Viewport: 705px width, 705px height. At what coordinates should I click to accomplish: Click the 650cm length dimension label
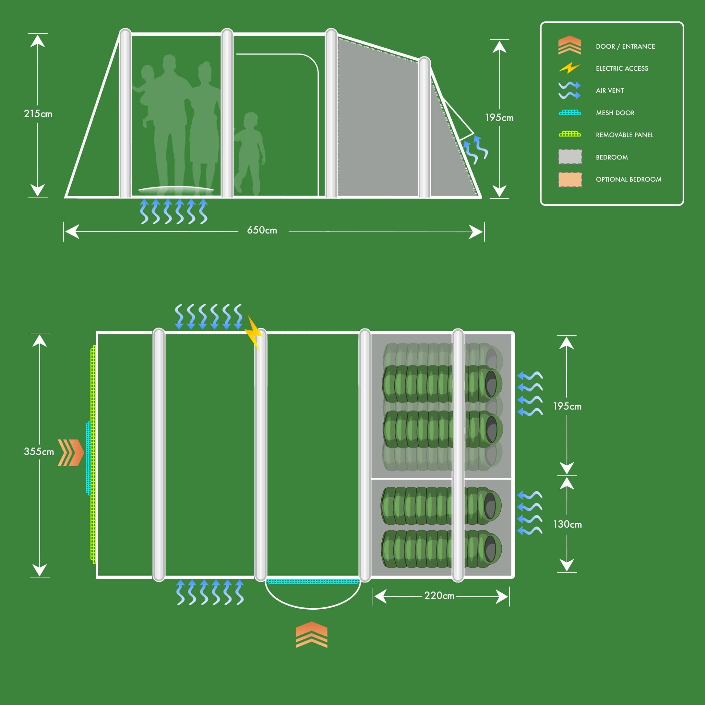(x=262, y=230)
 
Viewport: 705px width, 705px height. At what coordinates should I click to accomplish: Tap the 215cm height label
(x=38, y=114)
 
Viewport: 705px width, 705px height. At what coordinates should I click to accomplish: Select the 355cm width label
(x=39, y=451)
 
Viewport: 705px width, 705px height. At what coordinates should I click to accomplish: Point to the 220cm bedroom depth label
(x=439, y=595)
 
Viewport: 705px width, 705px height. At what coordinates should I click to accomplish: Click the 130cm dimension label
(x=567, y=524)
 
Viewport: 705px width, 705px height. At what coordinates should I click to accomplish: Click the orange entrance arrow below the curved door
(x=311, y=635)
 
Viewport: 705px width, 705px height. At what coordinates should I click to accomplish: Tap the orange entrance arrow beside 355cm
(x=71, y=452)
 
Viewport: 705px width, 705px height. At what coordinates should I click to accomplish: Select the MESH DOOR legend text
(x=615, y=113)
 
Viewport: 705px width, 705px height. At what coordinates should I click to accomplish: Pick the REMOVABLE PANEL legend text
(x=624, y=135)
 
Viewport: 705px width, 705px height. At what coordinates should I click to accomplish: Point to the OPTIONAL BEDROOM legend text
(x=628, y=180)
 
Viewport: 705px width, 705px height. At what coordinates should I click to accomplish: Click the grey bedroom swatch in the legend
(x=570, y=157)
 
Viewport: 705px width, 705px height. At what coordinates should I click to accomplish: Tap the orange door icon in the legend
(x=569, y=45)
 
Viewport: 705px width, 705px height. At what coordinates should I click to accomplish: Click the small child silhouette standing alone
(x=249, y=153)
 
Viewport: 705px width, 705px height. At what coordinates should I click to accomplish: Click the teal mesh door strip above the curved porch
(x=313, y=581)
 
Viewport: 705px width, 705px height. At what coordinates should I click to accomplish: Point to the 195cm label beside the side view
(x=499, y=118)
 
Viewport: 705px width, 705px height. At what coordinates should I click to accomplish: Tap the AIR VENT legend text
(x=609, y=90)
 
